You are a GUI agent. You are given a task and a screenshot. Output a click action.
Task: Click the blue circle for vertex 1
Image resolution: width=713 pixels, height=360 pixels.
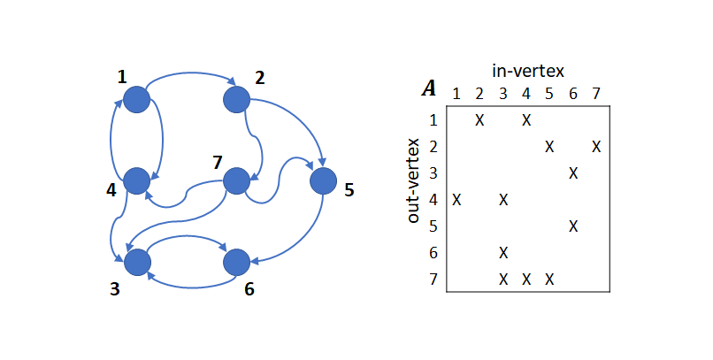coord(136,100)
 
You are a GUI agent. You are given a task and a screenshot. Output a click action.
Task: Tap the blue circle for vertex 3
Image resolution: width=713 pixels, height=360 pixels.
coord(137,262)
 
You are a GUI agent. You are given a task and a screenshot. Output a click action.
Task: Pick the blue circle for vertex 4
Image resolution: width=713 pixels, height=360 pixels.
coord(136,181)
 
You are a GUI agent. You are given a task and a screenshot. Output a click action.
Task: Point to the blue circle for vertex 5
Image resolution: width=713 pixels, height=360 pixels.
coord(324,181)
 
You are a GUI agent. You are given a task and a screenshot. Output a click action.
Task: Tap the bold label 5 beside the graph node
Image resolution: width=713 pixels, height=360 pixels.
coord(349,189)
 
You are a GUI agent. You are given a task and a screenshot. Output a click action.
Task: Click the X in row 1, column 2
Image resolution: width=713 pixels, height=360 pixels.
coord(479,119)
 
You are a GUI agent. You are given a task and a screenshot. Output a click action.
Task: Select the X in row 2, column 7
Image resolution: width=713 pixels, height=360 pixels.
coord(596,146)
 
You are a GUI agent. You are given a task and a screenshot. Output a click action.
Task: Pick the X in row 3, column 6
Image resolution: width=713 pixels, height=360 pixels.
coord(573,172)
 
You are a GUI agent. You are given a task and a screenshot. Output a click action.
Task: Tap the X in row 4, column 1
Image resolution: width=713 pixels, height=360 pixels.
coord(456,199)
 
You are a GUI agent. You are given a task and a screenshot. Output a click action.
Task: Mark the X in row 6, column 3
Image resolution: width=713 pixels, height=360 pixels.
coord(503,252)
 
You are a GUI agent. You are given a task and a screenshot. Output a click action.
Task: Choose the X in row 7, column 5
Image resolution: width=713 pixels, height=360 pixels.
coord(549,279)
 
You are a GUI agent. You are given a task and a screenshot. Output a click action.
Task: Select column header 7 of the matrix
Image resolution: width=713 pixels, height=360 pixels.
coord(596,93)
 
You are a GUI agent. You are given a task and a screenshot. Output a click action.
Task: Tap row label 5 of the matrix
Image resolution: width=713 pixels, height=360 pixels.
coord(434,226)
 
